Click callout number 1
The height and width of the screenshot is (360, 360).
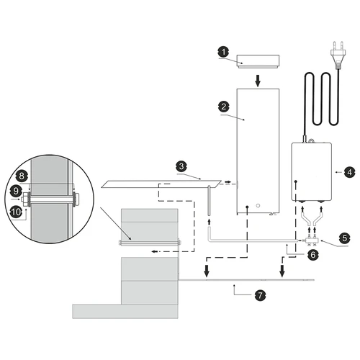[x=223, y=52]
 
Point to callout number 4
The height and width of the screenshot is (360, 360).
[x=348, y=172]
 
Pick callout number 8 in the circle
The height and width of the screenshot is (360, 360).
[x=22, y=175]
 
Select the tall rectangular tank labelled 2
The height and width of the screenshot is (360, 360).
[x=257, y=151]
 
